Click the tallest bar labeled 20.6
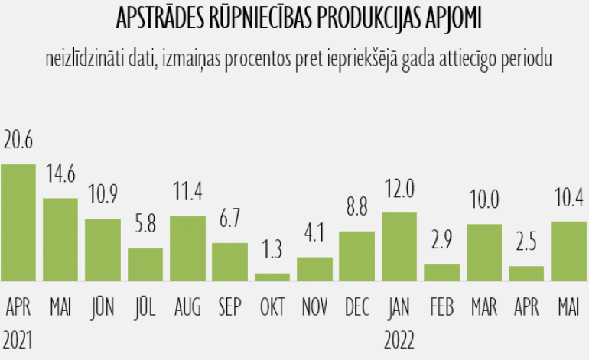(18, 222)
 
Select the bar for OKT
(272, 276)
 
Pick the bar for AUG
(187, 248)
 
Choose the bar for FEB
(441, 272)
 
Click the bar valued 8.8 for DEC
(356, 255)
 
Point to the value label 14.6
(60, 174)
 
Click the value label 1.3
(272, 250)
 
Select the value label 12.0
(399, 189)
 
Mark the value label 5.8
(145, 225)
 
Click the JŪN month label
(103, 308)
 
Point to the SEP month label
(229, 308)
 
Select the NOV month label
(314, 308)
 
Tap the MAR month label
(483, 308)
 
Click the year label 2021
(18, 337)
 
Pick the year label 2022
(399, 337)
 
